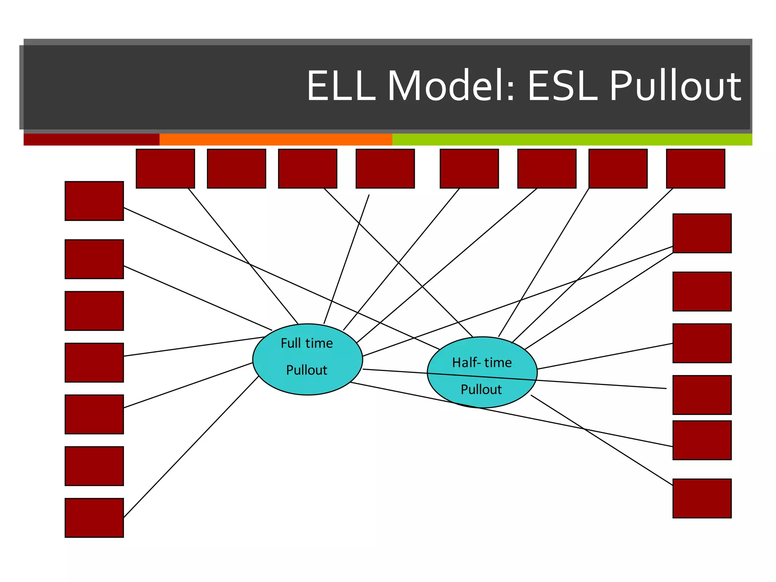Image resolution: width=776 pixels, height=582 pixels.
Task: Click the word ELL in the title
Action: [x=341, y=86]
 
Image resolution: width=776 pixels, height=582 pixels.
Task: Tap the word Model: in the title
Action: [x=451, y=86]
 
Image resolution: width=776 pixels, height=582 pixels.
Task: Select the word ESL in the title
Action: [x=562, y=86]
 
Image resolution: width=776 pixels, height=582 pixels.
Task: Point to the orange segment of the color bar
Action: [x=275, y=139]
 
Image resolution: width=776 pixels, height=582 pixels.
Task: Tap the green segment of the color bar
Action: [x=572, y=139]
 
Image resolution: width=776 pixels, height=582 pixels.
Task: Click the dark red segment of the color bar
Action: [x=91, y=139]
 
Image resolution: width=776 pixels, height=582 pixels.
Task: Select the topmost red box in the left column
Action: [x=94, y=201]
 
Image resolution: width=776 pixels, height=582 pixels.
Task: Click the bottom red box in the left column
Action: [x=94, y=518]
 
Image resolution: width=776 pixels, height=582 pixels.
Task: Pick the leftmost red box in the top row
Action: [x=165, y=169]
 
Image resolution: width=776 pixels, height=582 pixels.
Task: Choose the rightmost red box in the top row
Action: [x=695, y=169]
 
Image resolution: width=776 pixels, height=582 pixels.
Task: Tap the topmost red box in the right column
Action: [x=702, y=233]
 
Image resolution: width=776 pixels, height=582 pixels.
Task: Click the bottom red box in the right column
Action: [x=702, y=498]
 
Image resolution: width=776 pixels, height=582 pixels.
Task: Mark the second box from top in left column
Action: [x=94, y=259]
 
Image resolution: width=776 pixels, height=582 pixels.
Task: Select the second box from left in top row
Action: [x=236, y=169]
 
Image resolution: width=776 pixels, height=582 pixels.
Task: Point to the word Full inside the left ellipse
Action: [x=290, y=343]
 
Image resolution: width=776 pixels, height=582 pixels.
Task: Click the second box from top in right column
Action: [x=702, y=291]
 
